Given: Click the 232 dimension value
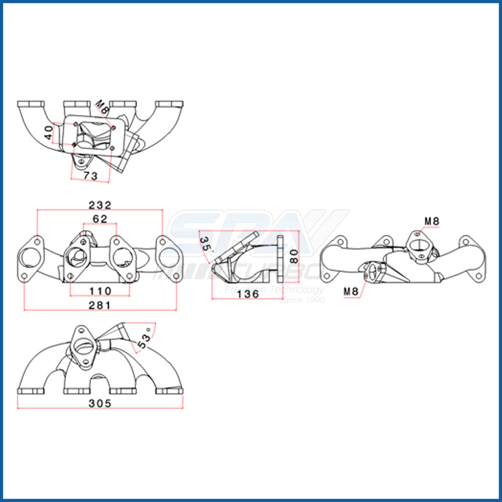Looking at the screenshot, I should (x=99, y=205).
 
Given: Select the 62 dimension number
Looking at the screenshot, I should (x=99, y=219).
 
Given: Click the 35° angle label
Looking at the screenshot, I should (x=205, y=244).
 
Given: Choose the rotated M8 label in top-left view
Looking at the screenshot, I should (x=102, y=107).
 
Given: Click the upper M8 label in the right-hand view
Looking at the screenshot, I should (x=433, y=220).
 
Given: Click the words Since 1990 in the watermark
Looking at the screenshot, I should (x=303, y=300).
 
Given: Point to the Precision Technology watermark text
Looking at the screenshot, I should (x=274, y=290).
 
